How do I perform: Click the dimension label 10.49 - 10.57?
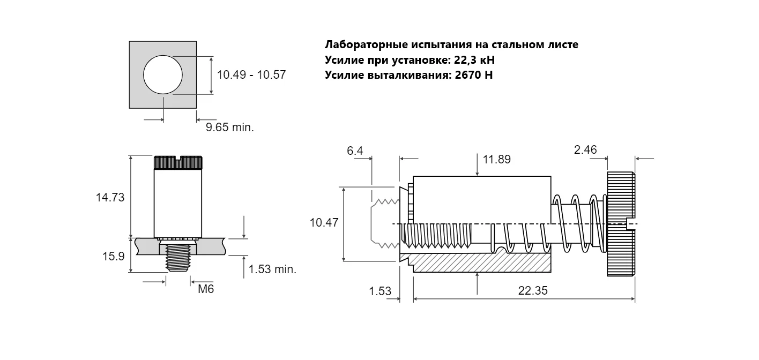[251, 75]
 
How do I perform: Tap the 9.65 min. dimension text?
[230, 127]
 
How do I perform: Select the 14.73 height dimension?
[110, 198]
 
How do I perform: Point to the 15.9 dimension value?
[114, 257]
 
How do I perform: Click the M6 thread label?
[206, 289]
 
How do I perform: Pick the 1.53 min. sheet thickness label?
[272, 269]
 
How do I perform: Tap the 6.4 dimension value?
[355, 151]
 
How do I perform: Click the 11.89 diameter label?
[496, 160]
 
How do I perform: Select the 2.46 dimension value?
[585, 149]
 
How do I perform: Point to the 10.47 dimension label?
[324, 222]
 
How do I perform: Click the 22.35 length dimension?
[533, 290]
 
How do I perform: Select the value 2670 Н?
[474, 75]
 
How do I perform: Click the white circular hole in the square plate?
[163, 75]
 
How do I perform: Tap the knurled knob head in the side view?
[621, 224]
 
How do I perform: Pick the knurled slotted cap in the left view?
[178, 162]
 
